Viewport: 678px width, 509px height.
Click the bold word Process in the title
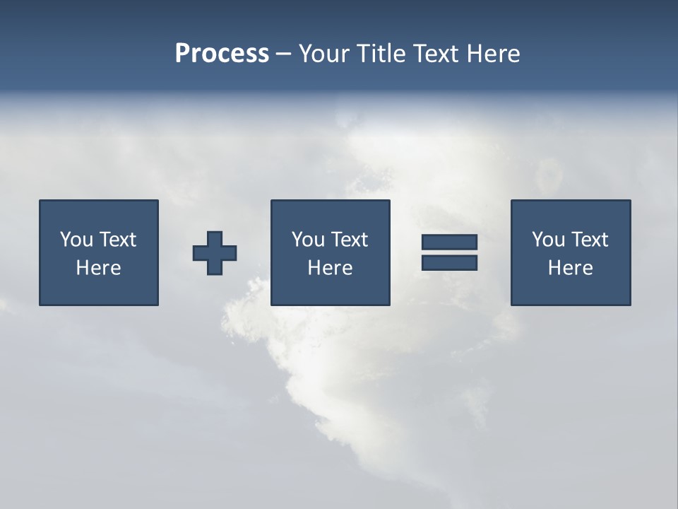pos(222,54)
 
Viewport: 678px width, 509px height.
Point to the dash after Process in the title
pos(283,54)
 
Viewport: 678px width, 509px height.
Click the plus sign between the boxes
pos(215,252)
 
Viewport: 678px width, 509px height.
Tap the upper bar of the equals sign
pos(449,242)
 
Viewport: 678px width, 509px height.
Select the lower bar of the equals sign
pos(449,262)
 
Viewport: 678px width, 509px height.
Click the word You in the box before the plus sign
pos(76,240)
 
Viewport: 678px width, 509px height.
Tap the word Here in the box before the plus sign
pos(98,268)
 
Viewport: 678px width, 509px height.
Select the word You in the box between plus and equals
pos(308,240)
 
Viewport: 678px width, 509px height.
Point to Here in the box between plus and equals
pos(330,268)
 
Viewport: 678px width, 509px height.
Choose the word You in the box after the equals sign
pos(548,240)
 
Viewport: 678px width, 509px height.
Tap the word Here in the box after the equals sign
pos(570,268)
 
